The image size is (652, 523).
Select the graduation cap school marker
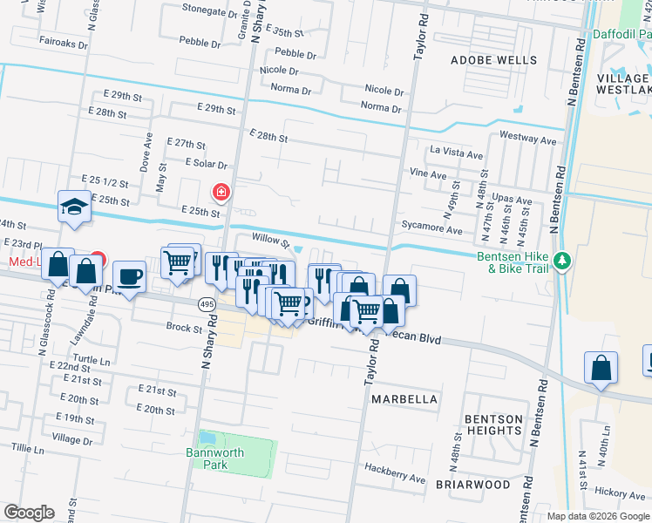tap(74, 207)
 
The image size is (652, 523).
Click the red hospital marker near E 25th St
tap(221, 191)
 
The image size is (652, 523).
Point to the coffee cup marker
tap(129, 276)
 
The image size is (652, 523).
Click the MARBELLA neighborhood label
tap(404, 399)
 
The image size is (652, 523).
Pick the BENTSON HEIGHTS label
tap(493, 425)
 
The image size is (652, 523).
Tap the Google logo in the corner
tap(29, 513)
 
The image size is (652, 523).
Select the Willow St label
tap(269, 239)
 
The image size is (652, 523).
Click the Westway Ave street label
tap(528, 139)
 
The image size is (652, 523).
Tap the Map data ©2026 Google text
tap(598, 515)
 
